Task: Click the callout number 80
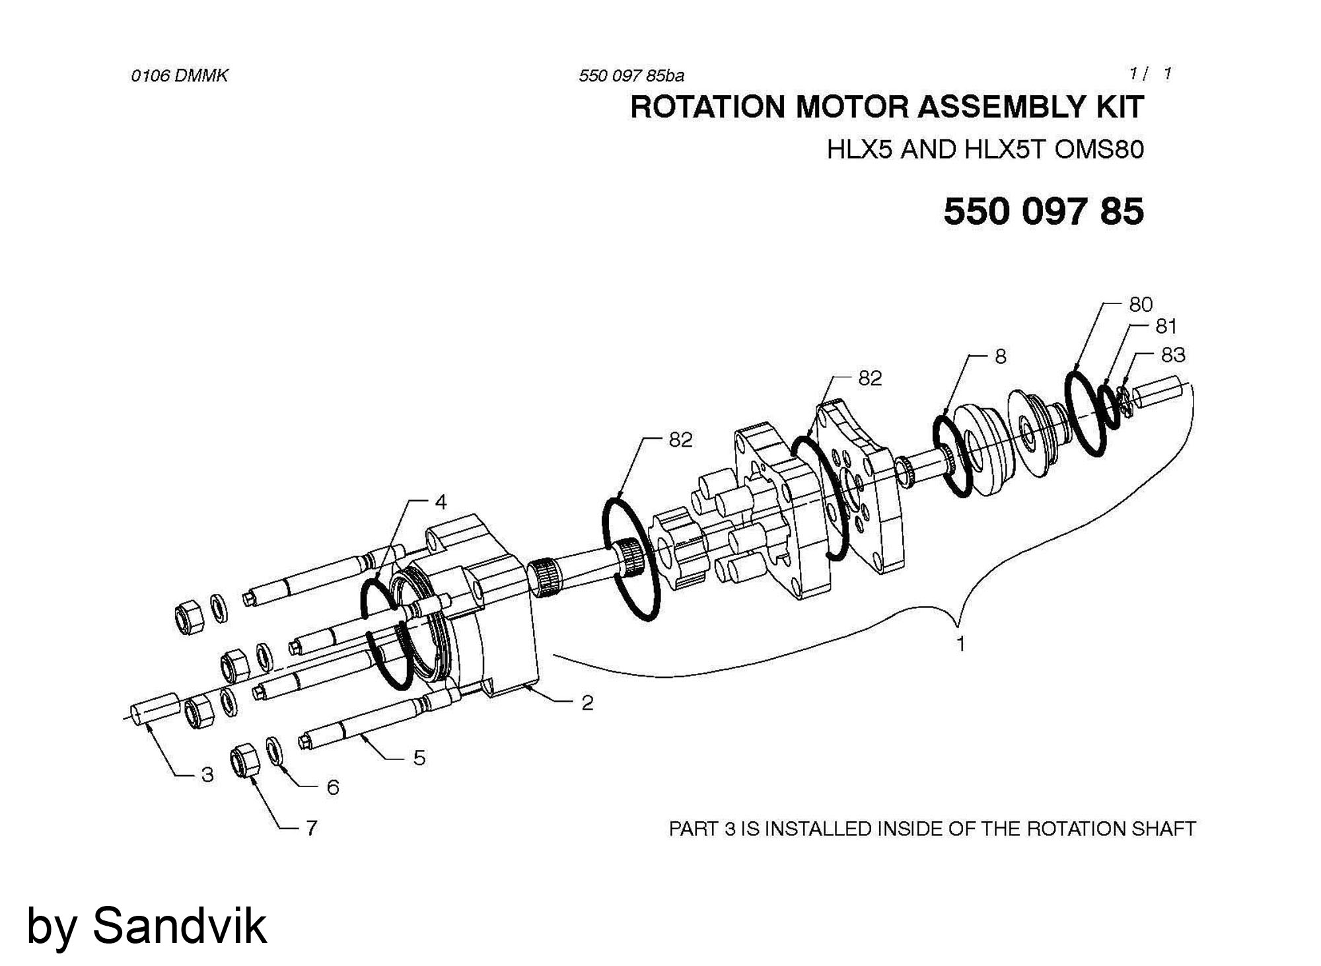(1141, 305)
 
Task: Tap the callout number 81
(1166, 326)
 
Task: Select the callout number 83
(1173, 355)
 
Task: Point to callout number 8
(1001, 357)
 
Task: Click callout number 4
(441, 502)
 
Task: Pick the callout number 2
(587, 703)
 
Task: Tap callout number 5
(419, 758)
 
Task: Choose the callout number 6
(333, 787)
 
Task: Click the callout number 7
(311, 828)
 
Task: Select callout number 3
(207, 775)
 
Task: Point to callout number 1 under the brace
(961, 643)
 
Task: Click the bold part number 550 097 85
(1043, 212)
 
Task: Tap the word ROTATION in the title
(708, 108)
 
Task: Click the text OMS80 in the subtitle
(1099, 149)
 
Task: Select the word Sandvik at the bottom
(179, 926)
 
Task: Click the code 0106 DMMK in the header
(179, 75)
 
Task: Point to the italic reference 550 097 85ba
(631, 76)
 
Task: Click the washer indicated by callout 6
(275, 751)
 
